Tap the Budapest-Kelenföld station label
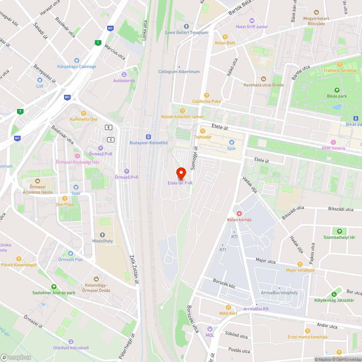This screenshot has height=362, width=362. pos(148,143)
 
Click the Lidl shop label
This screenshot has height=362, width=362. pos(40,86)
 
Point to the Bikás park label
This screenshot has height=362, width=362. pos(337,96)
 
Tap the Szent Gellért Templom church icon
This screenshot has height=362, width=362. pos(186,26)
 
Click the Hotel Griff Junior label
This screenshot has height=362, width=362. pos(252,27)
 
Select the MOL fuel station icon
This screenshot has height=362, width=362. pos(210,329)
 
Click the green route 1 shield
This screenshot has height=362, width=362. pos(97,43)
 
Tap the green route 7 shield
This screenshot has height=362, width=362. pos(20,111)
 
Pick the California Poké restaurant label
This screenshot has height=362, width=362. pos(206,101)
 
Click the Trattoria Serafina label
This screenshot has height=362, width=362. pos(340,71)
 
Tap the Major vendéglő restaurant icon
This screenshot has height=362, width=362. pos(300,264)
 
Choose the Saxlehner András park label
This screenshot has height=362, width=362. pos(54,293)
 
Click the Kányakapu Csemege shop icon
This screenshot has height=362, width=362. pos(76,60)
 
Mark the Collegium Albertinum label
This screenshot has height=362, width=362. pos(179,72)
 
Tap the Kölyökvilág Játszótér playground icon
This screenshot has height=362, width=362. pos(334,294)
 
